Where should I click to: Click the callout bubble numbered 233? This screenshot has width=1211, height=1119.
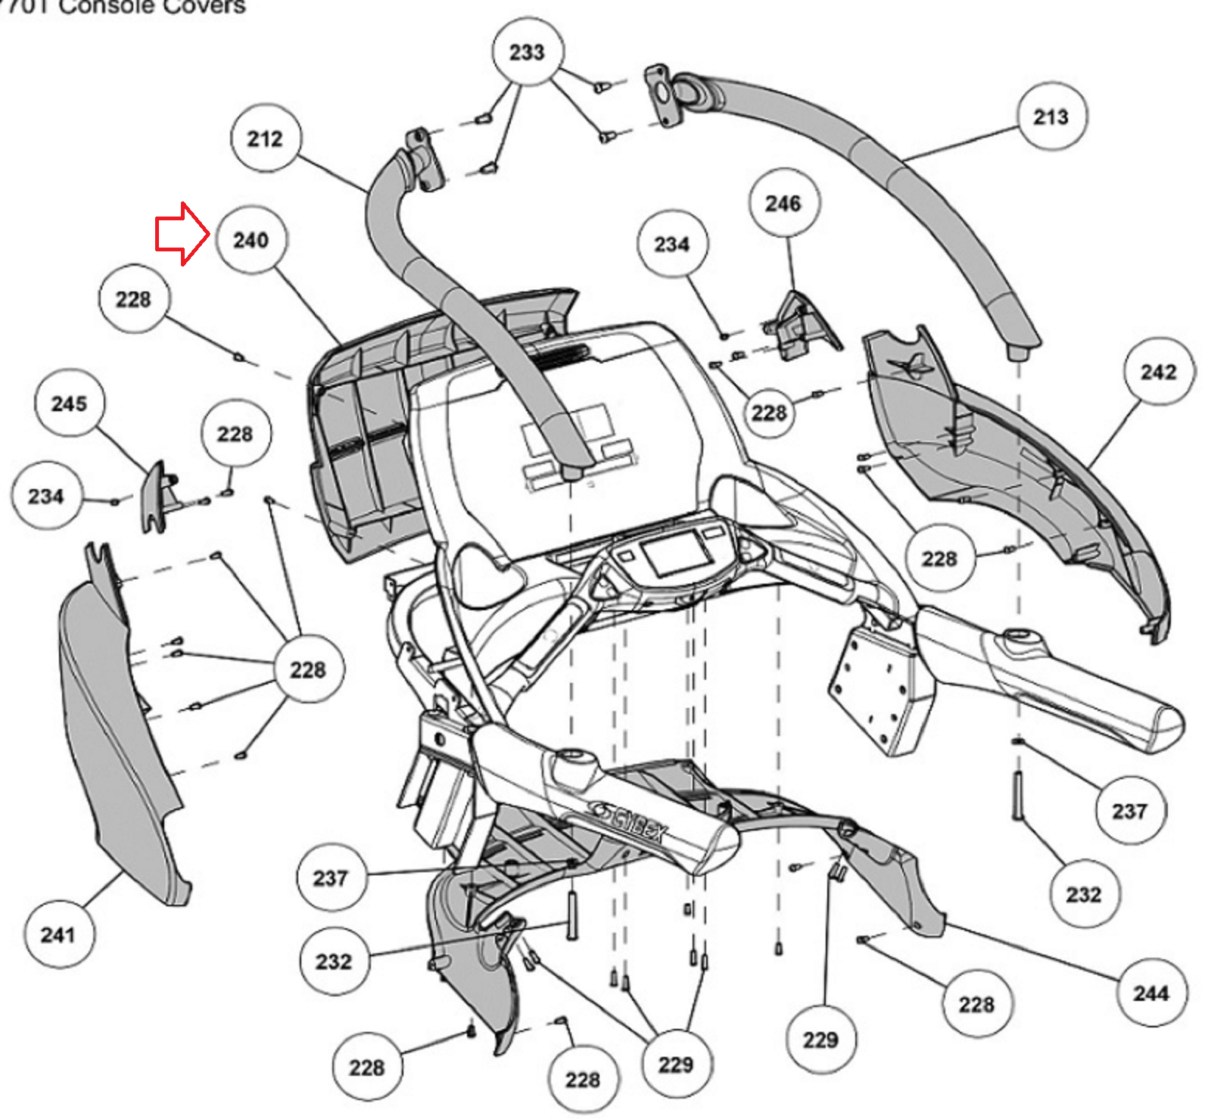point(527,52)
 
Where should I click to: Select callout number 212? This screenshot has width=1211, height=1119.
point(265,139)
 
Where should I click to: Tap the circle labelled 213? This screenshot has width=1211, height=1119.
point(1051,117)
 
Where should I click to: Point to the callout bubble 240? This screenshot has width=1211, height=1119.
point(251,240)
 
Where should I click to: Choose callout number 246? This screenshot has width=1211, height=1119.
point(783,203)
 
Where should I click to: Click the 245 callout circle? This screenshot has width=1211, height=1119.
point(69,403)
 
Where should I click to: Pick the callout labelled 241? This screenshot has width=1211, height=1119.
point(58,934)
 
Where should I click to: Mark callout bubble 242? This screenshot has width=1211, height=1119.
point(1159,372)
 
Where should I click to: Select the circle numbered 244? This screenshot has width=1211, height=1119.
point(1151,993)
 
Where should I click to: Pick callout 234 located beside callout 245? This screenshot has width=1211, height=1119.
point(45,496)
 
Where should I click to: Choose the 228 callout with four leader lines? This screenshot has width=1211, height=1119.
point(308,669)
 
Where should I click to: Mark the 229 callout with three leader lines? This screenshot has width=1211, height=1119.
point(676,1064)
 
